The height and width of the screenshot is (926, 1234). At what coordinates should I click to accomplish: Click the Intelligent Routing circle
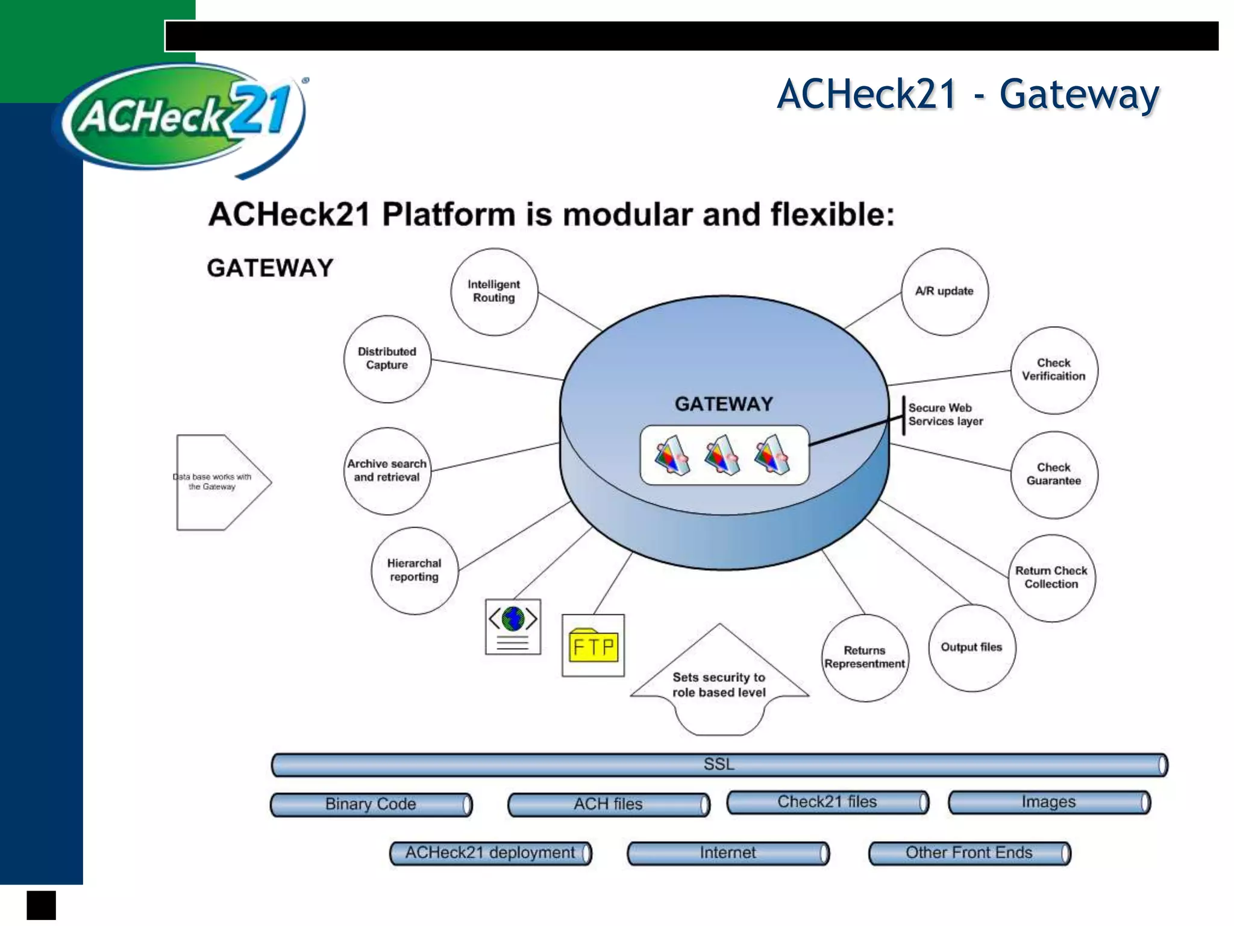[x=494, y=292]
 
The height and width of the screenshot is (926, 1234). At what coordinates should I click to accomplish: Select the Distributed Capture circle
[x=387, y=359]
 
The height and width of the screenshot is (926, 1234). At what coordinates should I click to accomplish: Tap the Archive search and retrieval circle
[x=387, y=471]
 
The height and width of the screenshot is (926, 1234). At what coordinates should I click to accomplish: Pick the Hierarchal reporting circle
[x=415, y=570]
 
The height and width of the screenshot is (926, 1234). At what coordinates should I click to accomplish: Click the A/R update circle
[x=944, y=292]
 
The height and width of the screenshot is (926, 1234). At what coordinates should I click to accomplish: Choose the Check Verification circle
[x=1054, y=370]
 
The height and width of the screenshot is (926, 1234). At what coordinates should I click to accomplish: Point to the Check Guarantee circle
[x=1054, y=474]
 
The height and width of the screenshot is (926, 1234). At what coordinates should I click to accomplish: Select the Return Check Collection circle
[x=1051, y=578]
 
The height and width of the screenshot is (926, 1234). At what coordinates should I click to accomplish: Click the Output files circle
[x=971, y=648]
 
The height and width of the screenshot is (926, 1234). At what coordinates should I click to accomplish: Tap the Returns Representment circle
[x=865, y=658]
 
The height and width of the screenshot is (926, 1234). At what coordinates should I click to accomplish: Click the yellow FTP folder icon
[x=594, y=646]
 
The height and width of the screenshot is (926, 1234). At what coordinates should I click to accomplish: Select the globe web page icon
[x=513, y=626]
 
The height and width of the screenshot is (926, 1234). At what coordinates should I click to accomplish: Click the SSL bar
[x=719, y=764]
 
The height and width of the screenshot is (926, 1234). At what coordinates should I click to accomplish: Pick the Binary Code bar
[x=371, y=805]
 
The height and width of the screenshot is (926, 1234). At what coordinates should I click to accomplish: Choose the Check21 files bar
[x=827, y=802]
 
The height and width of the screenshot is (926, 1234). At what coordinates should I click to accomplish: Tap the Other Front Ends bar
[x=969, y=853]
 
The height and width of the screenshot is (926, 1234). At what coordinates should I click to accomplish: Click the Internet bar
[x=728, y=853]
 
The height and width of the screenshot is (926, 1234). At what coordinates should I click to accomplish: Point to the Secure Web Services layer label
[x=945, y=415]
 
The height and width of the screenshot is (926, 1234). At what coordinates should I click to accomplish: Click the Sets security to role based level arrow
[x=719, y=685]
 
